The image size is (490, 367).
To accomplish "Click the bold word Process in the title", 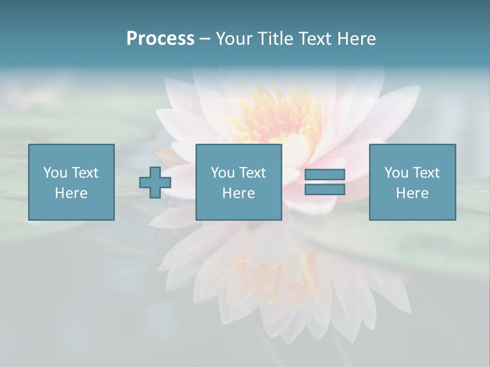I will click(160, 39).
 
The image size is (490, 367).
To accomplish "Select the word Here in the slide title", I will click(357, 39).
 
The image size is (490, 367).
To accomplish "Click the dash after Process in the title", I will click(205, 39).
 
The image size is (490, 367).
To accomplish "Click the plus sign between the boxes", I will click(155, 182).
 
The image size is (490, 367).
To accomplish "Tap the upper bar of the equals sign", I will click(325, 174).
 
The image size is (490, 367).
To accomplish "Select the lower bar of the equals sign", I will click(325, 189).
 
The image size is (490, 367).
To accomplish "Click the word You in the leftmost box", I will click(55, 173).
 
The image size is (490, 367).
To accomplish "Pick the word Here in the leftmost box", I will click(71, 193).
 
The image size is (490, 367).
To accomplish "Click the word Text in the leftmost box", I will click(84, 173).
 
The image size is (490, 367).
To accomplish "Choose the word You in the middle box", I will click(223, 173).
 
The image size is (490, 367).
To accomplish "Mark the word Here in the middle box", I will click(238, 193).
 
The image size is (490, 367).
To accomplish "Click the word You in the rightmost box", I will click(396, 173).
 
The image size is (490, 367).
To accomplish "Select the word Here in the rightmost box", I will click(412, 193).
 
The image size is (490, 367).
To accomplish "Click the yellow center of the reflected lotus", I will click(278, 275).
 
